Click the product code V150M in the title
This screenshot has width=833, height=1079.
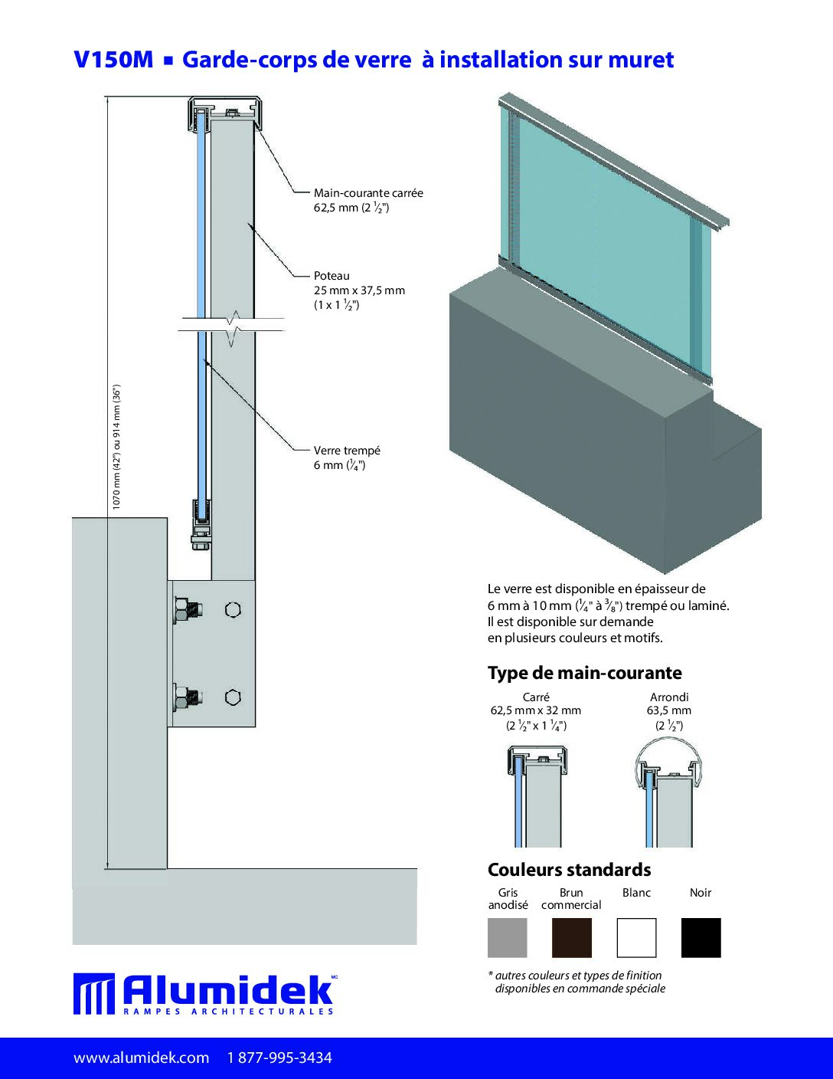pos(113,60)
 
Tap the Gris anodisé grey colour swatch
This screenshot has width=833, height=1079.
pos(508,938)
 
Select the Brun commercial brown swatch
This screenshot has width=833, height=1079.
pos(572,938)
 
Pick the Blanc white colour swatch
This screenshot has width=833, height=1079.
pos(636,938)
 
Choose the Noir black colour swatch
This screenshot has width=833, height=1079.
pos(701,938)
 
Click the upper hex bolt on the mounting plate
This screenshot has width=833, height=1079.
pos(187,610)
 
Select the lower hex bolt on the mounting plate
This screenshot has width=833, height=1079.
pos(187,697)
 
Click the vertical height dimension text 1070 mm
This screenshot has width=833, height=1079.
pos(117,447)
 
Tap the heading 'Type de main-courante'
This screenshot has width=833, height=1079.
pos(585,673)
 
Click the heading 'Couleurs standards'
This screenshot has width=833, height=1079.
pos(570,870)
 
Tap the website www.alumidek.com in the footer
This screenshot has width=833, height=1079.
pos(142,1058)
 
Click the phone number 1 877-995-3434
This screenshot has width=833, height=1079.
pos(279,1058)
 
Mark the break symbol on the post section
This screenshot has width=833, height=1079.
pos(233,328)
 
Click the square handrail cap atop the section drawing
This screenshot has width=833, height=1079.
pos(225,112)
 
